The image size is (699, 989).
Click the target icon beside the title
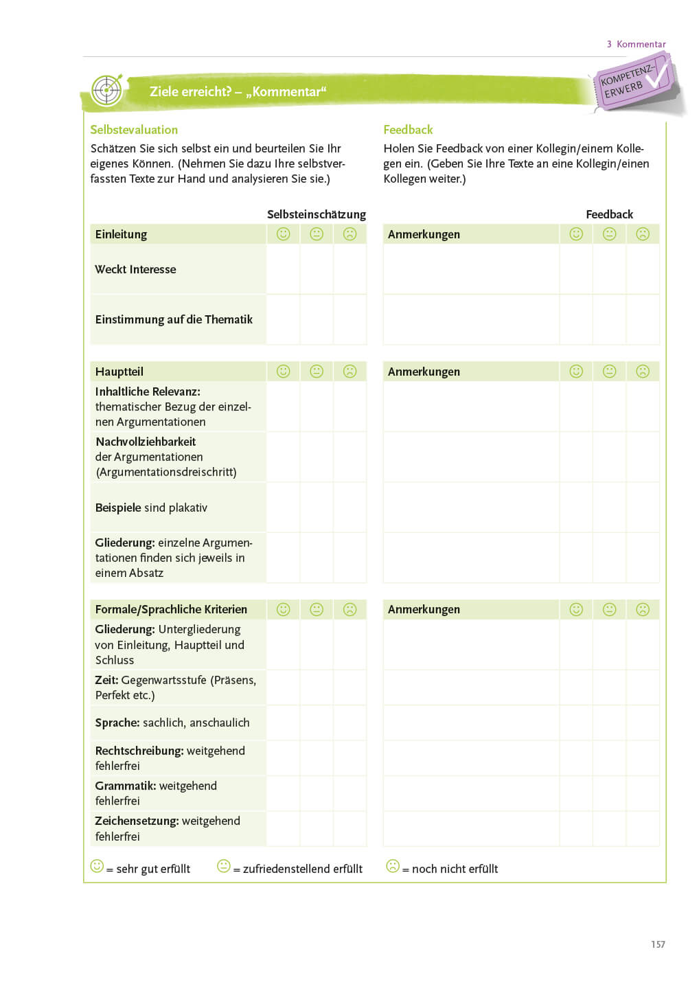tap(107, 90)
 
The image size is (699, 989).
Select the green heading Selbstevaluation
tap(134, 130)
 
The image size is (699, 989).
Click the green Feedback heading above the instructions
tap(408, 130)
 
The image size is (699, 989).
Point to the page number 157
tap(658, 944)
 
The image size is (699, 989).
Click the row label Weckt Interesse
tap(135, 269)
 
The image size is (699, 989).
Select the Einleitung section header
tap(121, 234)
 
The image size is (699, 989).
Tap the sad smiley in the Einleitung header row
tap(350, 234)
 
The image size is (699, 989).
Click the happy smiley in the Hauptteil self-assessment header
tap(283, 372)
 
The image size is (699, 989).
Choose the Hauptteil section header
tap(119, 372)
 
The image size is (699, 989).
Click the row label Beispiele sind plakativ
tap(151, 508)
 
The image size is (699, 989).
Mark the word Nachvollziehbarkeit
tap(146, 442)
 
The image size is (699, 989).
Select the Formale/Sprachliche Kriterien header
tap(171, 609)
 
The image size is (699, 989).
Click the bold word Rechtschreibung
tap(139, 751)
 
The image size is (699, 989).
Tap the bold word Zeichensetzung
tap(137, 821)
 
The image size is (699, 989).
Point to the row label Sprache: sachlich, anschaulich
tap(172, 723)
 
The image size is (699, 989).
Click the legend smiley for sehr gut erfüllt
tap(97, 866)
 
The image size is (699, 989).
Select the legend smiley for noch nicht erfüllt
tap(393, 866)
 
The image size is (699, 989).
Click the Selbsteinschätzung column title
tap(316, 214)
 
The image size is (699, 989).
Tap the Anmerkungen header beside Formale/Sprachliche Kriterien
tap(424, 609)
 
